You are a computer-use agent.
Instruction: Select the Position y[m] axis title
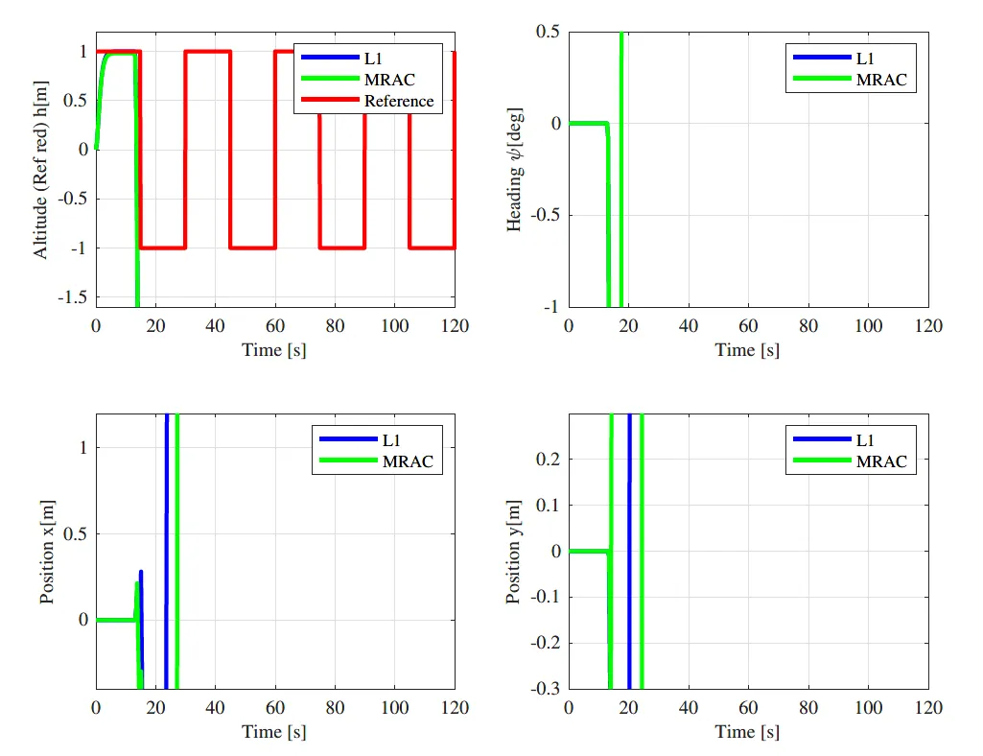pos(514,551)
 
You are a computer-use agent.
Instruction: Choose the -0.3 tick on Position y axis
pos(547,688)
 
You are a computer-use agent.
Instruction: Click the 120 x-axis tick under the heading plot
pos(927,326)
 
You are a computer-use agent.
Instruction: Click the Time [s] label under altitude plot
pos(274,350)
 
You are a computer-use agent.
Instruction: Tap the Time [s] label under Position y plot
pos(747,732)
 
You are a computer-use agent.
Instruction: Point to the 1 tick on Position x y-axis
pos(83,447)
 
